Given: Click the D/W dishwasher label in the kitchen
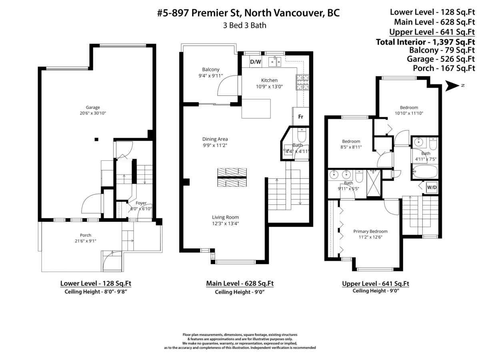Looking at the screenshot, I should pos(255,62).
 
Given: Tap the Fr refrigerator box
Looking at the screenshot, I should pos(300,117).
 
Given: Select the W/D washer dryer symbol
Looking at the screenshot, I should pos(432,187).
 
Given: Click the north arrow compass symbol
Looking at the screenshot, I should pos(453,85).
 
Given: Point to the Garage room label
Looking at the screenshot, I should pos(93,107).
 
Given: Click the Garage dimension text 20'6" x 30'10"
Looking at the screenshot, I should pos(93,113).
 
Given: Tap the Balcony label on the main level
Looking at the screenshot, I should pos(210,70).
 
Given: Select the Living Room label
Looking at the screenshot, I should pos(226,217).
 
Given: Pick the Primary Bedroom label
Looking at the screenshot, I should pos(370,231).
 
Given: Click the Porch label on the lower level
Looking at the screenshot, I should pos(85,235).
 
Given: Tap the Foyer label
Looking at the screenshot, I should pos(141,203).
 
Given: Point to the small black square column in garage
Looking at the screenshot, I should pos(96,139).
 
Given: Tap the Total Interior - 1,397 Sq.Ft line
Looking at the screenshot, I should pos(425,42).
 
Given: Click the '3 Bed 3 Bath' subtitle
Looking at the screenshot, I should pos(244,25).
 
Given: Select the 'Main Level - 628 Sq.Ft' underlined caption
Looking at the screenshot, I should pos(240,284).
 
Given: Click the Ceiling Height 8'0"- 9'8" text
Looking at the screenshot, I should pos(96,292).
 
